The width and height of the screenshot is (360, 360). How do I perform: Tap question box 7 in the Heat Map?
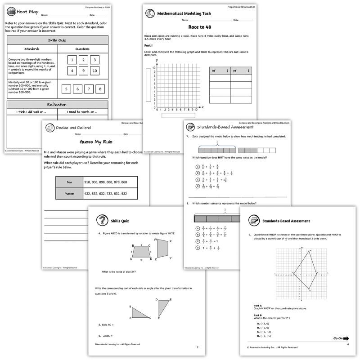(89, 89)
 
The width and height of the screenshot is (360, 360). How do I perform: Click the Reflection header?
(57, 104)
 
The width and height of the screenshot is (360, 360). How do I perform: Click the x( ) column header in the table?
(220, 71)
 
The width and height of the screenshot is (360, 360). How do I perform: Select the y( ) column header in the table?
(241, 71)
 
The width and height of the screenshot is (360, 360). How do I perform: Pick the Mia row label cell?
(68, 182)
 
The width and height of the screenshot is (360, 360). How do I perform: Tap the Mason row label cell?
(68, 193)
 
